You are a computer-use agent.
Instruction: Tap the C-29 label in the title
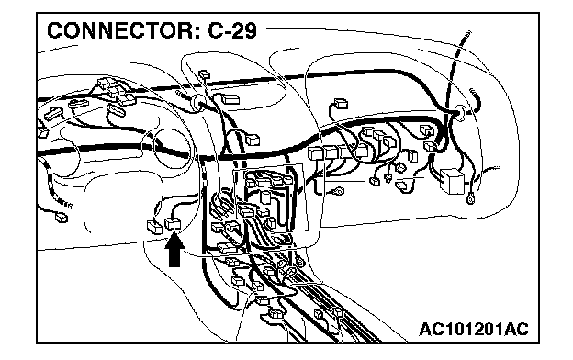pyautogui.click(x=232, y=30)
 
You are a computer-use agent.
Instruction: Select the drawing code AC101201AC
pyautogui.click(x=474, y=330)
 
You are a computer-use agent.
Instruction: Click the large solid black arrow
pyautogui.click(x=174, y=251)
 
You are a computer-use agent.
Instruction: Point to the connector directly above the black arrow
pyautogui.click(x=173, y=224)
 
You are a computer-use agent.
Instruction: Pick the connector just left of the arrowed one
pyautogui.click(x=154, y=227)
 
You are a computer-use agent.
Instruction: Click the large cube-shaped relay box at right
pyautogui.click(x=452, y=181)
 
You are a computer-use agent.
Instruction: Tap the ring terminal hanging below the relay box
pyautogui.click(x=471, y=199)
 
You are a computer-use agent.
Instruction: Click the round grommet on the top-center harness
pyautogui.click(x=198, y=102)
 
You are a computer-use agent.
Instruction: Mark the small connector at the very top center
pyautogui.click(x=204, y=75)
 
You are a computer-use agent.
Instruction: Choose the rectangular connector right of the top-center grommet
pyautogui.click(x=230, y=99)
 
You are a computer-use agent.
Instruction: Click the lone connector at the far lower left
pyautogui.click(x=61, y=219)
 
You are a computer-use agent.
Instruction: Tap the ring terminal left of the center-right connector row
pyautogui.click(x=339, y=191)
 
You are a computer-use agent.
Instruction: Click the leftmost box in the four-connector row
pyautogui.click(x=315, y=152)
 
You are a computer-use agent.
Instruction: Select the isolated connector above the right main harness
pyautogui.click(x=341, y=104)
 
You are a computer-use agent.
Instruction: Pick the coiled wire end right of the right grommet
pyautogui.click(x=477, y=99)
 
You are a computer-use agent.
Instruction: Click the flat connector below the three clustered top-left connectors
pyautogui.click(x=117, y=110)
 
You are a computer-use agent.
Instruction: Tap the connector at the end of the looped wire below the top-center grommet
pyautogui.click(x=253, y=140)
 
